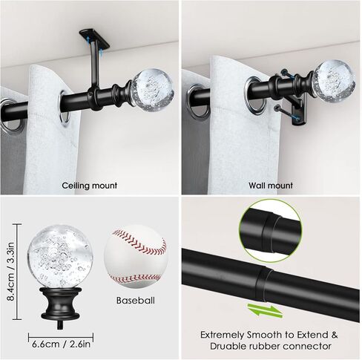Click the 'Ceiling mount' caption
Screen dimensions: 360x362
tap(90, 186)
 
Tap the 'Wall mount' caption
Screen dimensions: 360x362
tap(271, 186)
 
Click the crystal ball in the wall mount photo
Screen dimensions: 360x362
tap(332, 79)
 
